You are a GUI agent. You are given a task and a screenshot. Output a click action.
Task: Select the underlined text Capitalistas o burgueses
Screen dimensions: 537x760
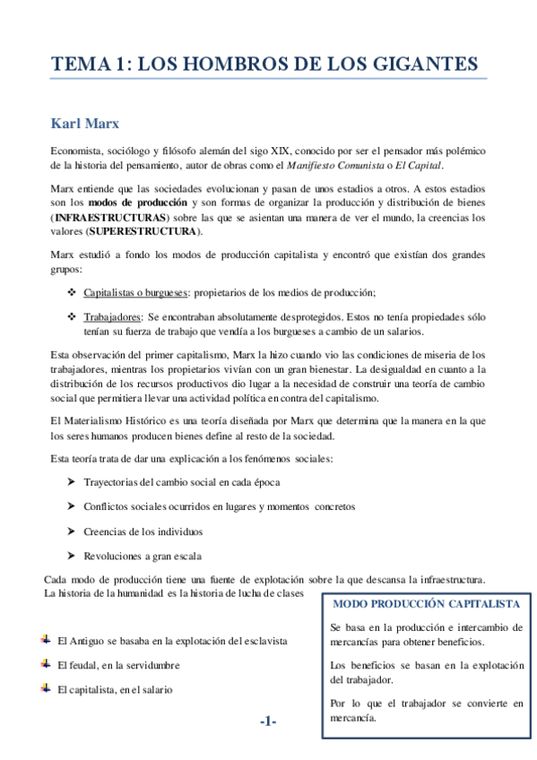pos(135,292)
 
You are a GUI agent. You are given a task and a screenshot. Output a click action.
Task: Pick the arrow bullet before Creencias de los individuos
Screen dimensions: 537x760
pos(71,531)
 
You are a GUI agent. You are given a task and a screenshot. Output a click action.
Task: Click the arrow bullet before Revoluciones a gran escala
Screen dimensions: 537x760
pos(71,555)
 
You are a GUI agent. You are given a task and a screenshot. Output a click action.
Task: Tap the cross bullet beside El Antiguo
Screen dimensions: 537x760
pos(46,641)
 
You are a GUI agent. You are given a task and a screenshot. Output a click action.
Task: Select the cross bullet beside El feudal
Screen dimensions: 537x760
pos(46,664)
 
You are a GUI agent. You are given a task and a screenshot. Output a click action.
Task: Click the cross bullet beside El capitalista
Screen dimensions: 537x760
pos(46,688)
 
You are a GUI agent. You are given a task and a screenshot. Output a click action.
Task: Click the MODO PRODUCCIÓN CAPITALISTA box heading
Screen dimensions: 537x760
pos(426,605)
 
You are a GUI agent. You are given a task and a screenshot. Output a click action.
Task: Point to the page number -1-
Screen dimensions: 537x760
pos(268,721)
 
